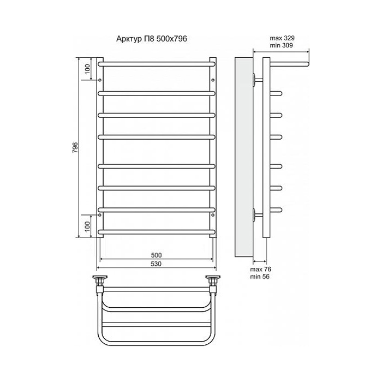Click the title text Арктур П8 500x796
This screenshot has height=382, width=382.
tap(152, 39)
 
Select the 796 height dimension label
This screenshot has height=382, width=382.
tap(75, 147)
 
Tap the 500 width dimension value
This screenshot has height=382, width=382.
tap(156, 255)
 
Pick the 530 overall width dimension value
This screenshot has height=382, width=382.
tap(156, 264)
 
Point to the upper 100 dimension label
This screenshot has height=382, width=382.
tap(87, 69)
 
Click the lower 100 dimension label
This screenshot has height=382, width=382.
tap(87, 226)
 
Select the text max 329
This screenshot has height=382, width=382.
tap(282, 38)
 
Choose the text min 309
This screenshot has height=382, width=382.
tap(281, 45)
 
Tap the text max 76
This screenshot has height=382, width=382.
tap(260, 270)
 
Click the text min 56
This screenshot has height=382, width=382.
tap(260, 277)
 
